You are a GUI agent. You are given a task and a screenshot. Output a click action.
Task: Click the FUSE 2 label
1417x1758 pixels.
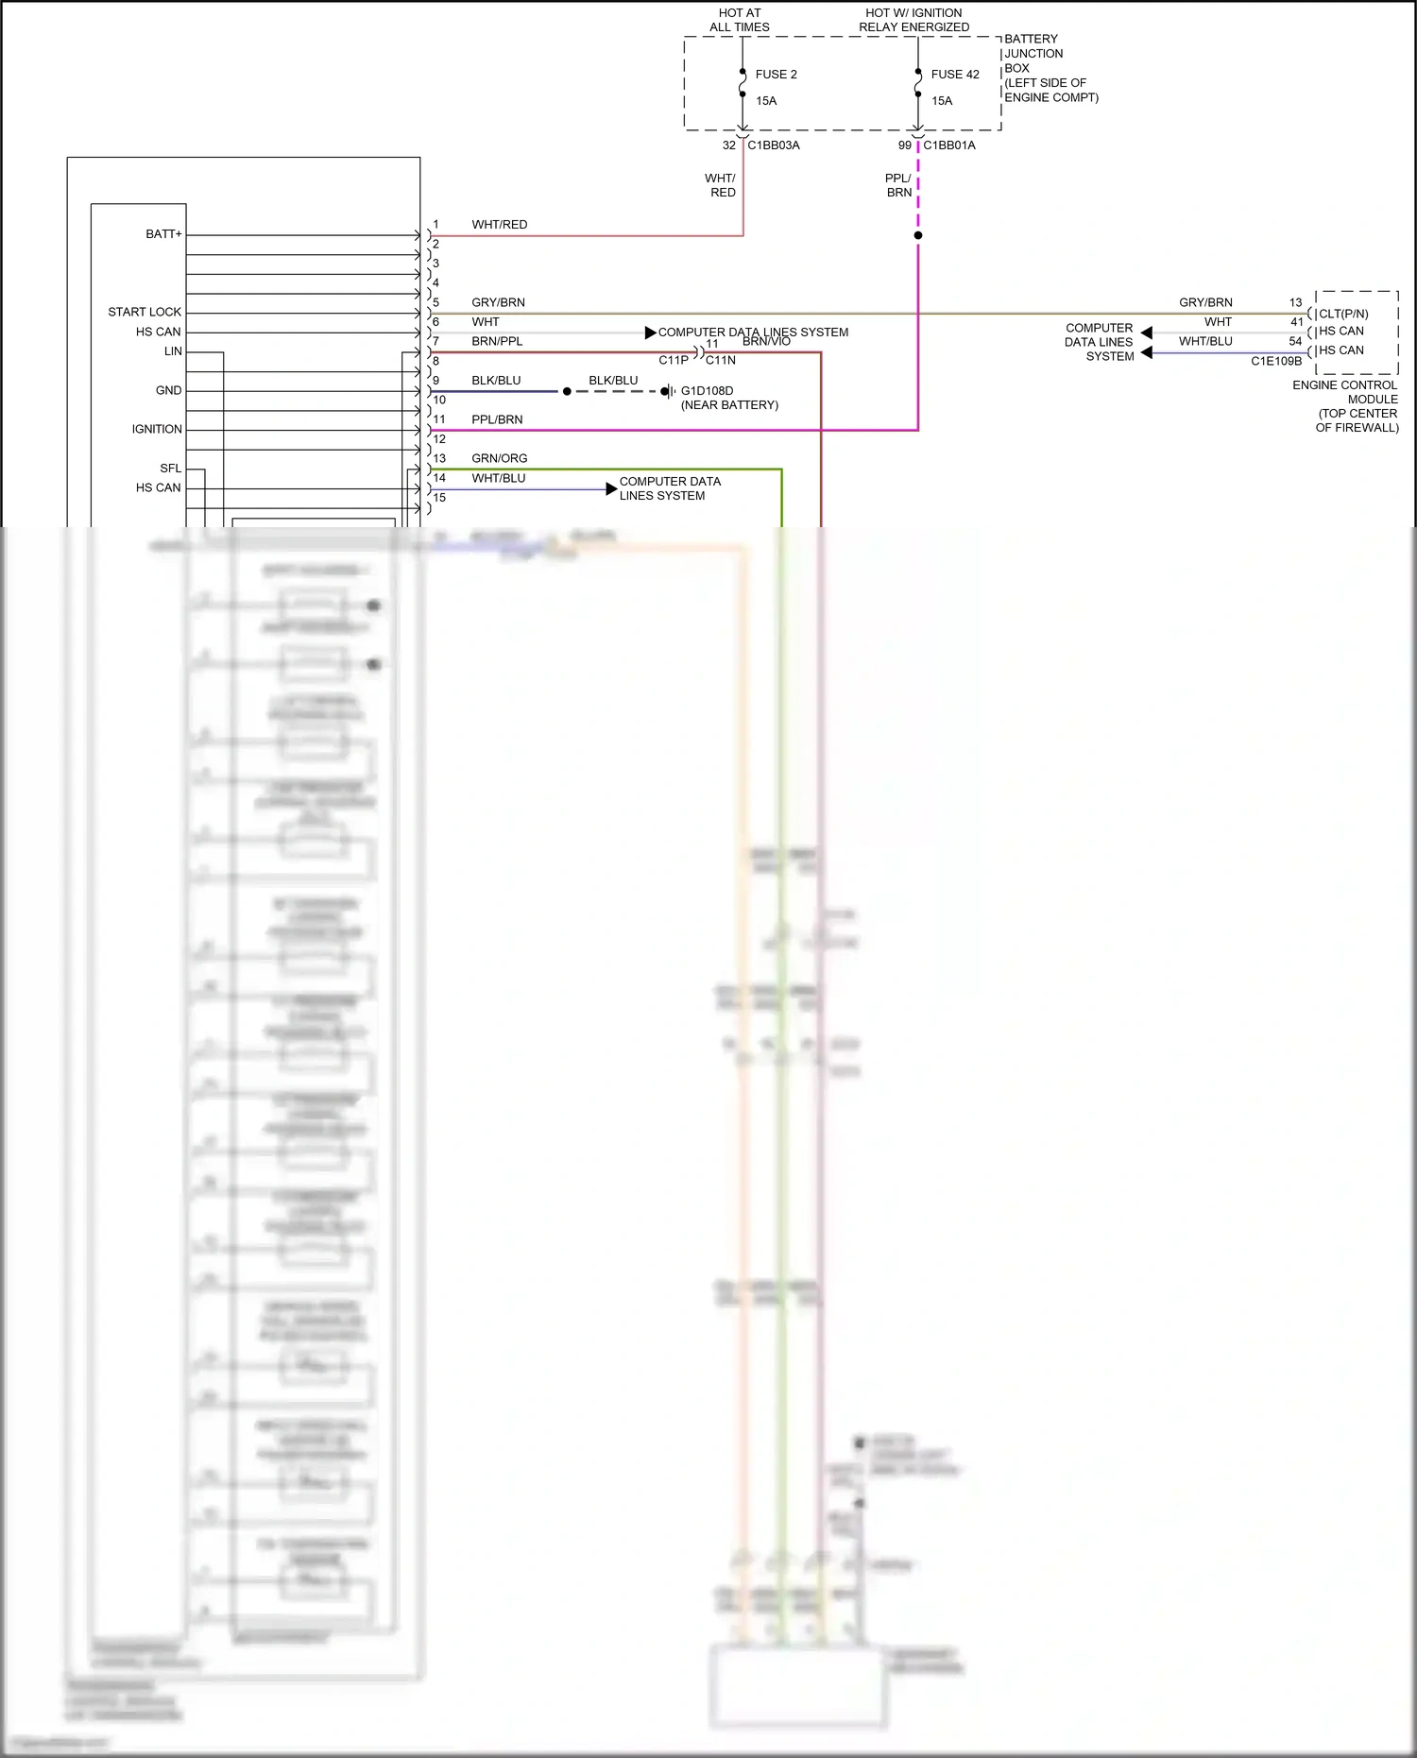click(x=776, y=75)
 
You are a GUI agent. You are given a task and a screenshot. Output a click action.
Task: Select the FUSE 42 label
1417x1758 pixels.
click(x=954, y=75)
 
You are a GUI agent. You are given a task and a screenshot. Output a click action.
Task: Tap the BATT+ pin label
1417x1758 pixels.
click(x=163, y=234)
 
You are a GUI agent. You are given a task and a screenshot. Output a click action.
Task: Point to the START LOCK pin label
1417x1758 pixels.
click(x=144, y=312)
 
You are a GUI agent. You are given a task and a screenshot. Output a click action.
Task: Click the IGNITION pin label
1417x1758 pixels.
click(x=157, y=429)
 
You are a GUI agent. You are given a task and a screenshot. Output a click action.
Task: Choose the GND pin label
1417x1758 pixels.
click(x=168, y=390)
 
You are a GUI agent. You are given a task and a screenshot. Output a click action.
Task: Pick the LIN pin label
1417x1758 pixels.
click(x=173, y=351)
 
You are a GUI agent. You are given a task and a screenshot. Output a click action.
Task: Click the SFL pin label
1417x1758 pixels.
click(x=170, y=469)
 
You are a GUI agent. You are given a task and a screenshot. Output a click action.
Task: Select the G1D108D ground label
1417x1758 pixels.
click(x=707, y=391)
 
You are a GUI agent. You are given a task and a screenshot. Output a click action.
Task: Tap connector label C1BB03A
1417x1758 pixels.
click(x=773, y=145)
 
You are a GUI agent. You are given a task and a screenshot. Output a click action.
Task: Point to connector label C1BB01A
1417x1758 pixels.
click(x=948, y=145)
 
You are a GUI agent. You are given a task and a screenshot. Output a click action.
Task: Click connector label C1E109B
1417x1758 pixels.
click(x=1275, y=361)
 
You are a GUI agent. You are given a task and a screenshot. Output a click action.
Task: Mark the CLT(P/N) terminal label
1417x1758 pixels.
click(x=1342, y=314)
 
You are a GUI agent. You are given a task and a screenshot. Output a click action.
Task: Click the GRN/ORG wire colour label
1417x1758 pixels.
click(x=499, y=458)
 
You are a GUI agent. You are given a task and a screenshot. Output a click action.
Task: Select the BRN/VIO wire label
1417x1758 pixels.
click(x=766, y=341)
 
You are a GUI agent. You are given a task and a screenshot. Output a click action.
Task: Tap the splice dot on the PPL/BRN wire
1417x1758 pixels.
click(x=917, y=235)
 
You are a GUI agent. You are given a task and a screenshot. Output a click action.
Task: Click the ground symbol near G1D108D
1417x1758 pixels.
click(x=669, y=391)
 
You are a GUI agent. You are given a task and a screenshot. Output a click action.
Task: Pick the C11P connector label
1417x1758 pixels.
click(x=674, y=360)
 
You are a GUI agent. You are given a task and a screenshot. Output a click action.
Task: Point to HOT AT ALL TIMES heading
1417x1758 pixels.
click(x=739, y=20)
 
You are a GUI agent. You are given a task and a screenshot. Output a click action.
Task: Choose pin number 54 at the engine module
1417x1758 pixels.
click(x=1295, y=341)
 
